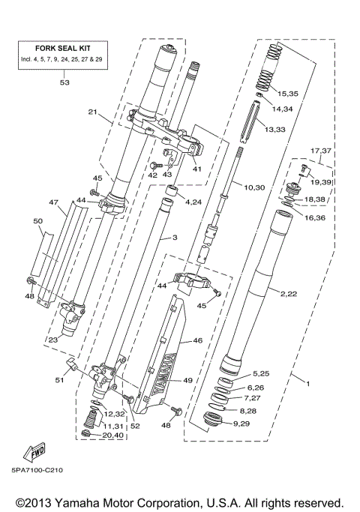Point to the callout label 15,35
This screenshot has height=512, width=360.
click(x=287, y=94)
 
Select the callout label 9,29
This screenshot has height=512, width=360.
click(x=264, y=424)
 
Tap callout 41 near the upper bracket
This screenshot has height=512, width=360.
click(x=198, y=169)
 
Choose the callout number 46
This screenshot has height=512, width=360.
click(x=198, y=340)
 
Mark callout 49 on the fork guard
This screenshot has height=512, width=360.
click(x=187, y=381)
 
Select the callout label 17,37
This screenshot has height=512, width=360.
click(x=320, y=150)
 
